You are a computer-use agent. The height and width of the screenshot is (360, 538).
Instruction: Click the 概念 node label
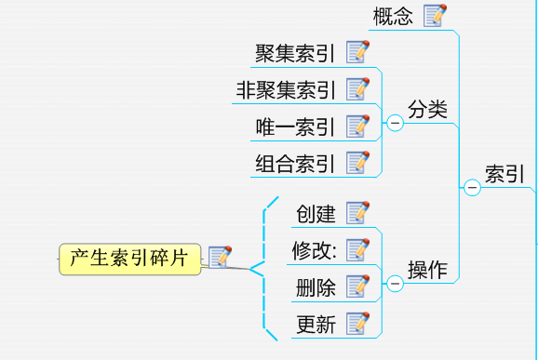(393, 16)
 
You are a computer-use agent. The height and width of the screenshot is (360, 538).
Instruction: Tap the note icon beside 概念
(435, 16)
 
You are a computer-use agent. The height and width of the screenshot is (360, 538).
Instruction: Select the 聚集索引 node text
(295, 53)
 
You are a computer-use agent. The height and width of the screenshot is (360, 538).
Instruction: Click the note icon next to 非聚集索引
(357, 89)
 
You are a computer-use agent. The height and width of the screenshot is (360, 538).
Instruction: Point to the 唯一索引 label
(295, 127)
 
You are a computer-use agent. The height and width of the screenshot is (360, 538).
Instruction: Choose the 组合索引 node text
(295, 164)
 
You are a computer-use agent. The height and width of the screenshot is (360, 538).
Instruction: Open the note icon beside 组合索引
(357, 163)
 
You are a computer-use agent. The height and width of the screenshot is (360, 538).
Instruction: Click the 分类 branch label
(427, 110)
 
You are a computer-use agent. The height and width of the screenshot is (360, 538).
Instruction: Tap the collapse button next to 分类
(396, 123)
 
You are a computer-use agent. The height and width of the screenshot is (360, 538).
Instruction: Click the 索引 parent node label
(504, 174)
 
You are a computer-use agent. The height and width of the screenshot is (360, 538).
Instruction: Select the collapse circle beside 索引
(472, 188)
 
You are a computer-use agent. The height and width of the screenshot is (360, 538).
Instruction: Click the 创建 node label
(316, 214)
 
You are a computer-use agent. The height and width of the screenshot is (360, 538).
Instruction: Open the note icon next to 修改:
(357, 249)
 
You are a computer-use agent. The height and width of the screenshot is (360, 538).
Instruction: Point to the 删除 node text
(316, 287)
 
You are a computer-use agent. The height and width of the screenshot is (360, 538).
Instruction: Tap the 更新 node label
(316, 324)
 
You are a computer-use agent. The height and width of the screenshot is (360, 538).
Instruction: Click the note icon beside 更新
(357, 323)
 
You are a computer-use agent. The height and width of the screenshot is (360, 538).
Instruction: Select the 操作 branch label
(427, 270)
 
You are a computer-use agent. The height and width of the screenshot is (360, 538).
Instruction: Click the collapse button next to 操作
(396, 283)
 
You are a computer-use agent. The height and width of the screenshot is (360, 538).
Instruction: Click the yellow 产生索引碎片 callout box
(130, 260)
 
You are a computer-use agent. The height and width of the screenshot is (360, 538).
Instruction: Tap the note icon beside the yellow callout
(220, 257)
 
